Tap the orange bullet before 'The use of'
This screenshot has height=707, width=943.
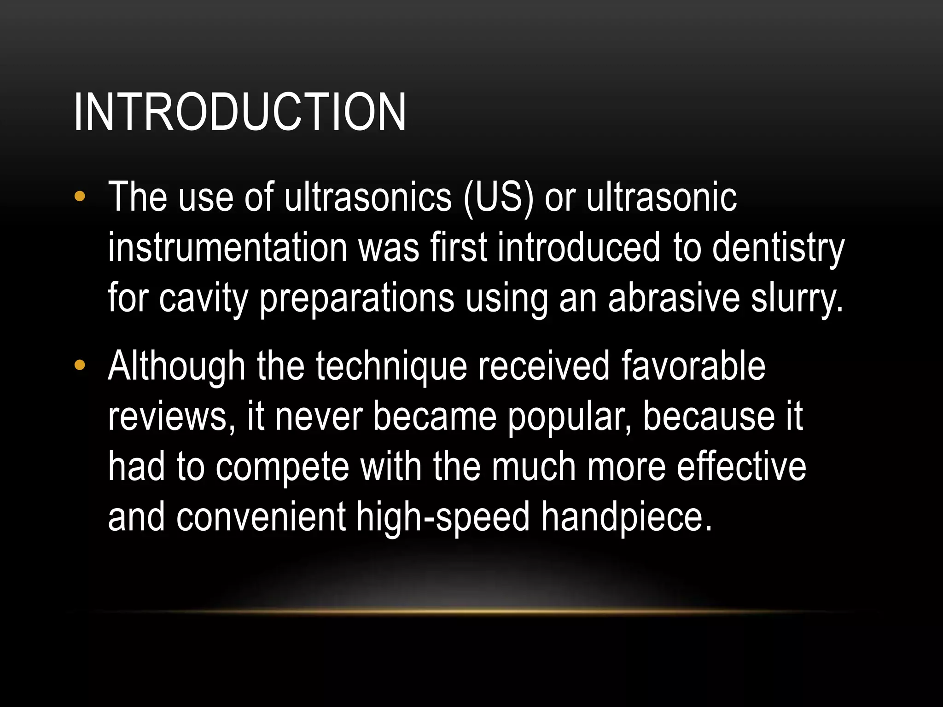point(80,197)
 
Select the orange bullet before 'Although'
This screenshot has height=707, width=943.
point(80,366)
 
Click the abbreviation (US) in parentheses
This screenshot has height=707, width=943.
point(498,198)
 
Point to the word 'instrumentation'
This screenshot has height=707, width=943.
point(227,248)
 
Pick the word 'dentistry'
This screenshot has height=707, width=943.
point(778,249)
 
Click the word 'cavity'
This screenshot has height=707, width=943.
point(203,299)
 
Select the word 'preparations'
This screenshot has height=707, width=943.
point(357,299)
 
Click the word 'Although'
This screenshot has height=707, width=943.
point(176,367)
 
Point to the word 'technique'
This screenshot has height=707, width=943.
point(391,367)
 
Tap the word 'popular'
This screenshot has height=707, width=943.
point(569,417)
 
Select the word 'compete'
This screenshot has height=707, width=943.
point(282,468)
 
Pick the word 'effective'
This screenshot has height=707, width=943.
point(741,467)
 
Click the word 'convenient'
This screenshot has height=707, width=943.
point(261,517)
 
